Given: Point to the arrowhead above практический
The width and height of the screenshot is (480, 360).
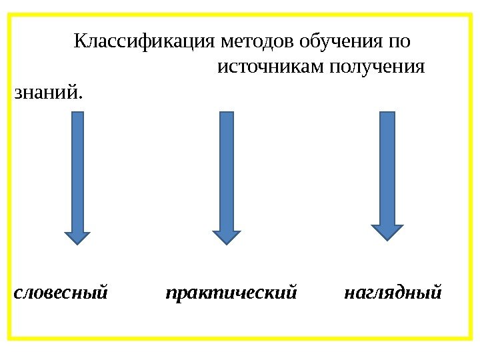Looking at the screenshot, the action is point(227,237).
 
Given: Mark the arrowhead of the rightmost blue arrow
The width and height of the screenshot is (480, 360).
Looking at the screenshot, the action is point(387,231).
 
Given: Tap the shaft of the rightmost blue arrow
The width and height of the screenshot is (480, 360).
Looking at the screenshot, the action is point(387,167).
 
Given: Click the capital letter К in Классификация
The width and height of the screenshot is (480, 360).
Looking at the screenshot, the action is point(79,43).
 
